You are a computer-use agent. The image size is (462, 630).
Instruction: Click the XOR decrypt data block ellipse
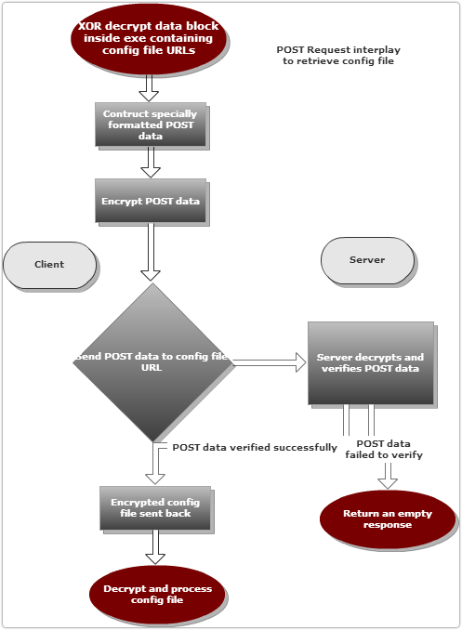[149, 39]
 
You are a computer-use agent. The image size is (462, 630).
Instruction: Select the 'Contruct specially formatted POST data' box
[151, 125]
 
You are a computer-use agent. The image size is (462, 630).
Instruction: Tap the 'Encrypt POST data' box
[151, 201]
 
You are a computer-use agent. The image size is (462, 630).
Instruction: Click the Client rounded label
[49, 265]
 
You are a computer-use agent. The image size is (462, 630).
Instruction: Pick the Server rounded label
[367, 260]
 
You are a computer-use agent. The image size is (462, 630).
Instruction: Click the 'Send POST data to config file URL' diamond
[152, 362]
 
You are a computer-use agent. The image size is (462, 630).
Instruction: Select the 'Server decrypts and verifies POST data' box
[371, 363]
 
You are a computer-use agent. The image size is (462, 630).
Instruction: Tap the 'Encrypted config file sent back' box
[155, 508]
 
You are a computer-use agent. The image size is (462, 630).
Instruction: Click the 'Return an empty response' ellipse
[388, 519]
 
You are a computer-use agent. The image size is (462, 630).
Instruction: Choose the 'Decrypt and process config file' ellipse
[157, 595]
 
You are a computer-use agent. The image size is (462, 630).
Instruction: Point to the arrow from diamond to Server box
[270, 362]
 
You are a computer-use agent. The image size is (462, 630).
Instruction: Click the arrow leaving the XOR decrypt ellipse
[149, 87]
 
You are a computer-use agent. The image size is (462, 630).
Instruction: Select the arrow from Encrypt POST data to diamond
[151, 252]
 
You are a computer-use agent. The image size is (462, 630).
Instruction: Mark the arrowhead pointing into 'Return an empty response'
[388, 483]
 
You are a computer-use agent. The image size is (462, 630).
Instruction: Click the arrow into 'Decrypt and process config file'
[155, 546]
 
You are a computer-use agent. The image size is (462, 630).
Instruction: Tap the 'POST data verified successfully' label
[255, 448]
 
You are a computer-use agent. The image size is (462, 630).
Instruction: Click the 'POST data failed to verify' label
[384, 449]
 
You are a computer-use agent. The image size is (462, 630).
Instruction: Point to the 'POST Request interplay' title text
[338, 50]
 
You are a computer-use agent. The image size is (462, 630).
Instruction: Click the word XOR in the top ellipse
[89, 26]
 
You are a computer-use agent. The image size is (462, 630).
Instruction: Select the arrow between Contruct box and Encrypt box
[151, 162]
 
